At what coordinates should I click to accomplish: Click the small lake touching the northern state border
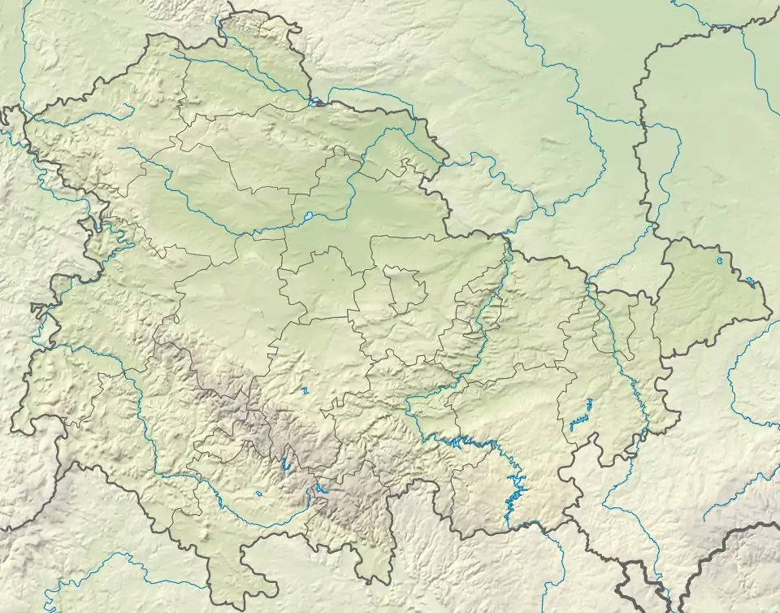click(314, 102)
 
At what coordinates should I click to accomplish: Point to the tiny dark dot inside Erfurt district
click(332, 280)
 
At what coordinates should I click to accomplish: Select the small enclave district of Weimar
click(405, 289)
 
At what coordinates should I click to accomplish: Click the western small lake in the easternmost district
click(720, 260)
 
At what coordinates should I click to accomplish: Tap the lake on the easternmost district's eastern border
click(751, 282)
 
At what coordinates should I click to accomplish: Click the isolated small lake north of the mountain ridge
click(305, 390)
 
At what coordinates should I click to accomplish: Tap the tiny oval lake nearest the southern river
click(258, 493)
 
